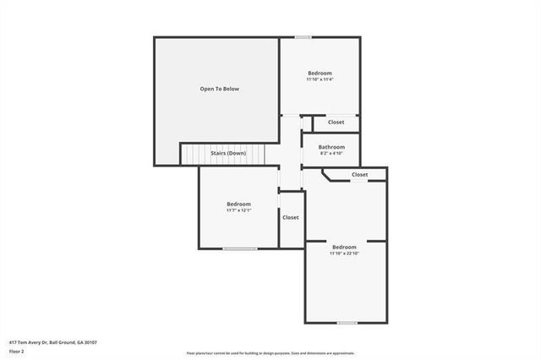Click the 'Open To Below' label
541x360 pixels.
coord(219,89)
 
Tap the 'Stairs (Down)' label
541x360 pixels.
coord(228,153)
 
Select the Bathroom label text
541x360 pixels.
coord(331,147)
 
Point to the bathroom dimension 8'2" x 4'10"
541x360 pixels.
coord(331,153)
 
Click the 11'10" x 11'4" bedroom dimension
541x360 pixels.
coord(320,79)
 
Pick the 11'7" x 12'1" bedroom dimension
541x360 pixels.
coord(238,210)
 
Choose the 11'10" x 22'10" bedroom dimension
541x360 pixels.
coord(344,253)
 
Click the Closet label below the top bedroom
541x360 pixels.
coord(336,123)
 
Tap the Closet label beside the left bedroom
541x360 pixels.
coord(291,217)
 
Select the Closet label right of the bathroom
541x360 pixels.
coord(359,175)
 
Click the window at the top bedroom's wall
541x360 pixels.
coord(303,36)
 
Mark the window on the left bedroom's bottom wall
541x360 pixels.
coord(239,248)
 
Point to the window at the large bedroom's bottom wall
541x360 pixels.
coord(347,323)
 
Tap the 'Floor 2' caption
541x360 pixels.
coord(17,350)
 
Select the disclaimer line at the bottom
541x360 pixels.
coord(270,353)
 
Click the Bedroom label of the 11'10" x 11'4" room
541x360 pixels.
coord(320,74)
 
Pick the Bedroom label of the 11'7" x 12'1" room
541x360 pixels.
coord(238,205)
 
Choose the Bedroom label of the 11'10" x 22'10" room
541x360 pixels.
coord(344,247)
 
